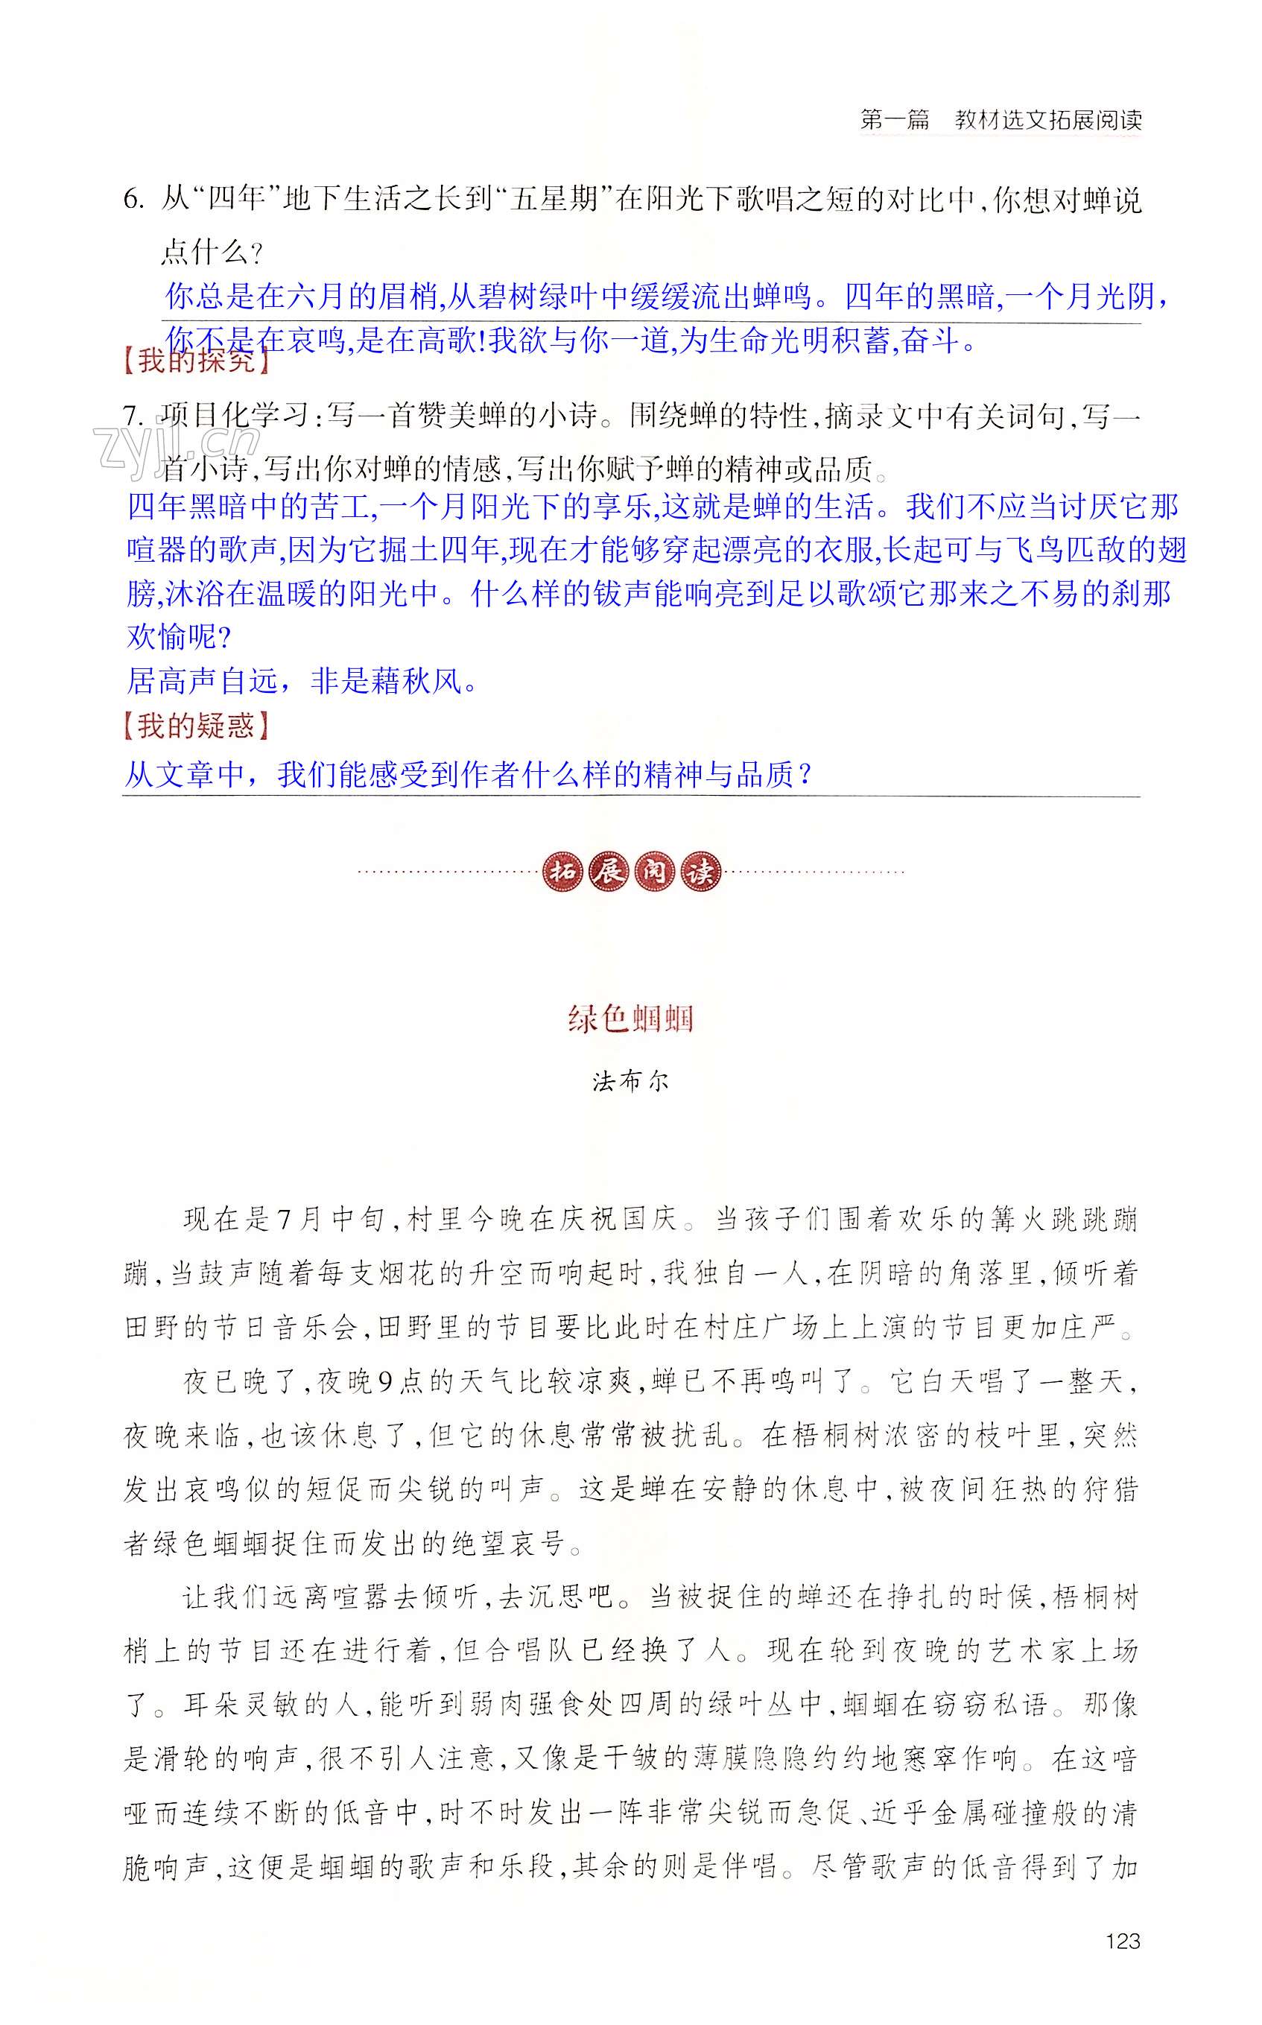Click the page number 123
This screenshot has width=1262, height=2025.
click(x=1122, y=1941)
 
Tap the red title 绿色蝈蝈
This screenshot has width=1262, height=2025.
click(x=630, y=1018)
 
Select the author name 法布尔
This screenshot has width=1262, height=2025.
click(x=630, y=1082)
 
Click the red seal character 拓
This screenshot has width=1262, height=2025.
click(x=562, y=872)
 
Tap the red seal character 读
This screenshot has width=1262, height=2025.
click(x=700, y=872)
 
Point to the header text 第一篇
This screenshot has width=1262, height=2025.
click(x=894, y=119)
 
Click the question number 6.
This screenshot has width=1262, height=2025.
click(x=133, y=200)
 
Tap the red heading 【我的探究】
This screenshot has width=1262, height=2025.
click(x=195, y=361)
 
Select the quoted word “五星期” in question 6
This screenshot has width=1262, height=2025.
click(x=554, y=200)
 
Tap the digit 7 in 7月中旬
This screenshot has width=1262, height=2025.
click(x=285, y=1220)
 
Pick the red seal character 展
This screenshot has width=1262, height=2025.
click(x=608, y=872)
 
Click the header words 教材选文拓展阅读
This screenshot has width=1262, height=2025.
click(x=1047, y=119)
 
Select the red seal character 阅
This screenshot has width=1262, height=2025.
click(x=653, y=872)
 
